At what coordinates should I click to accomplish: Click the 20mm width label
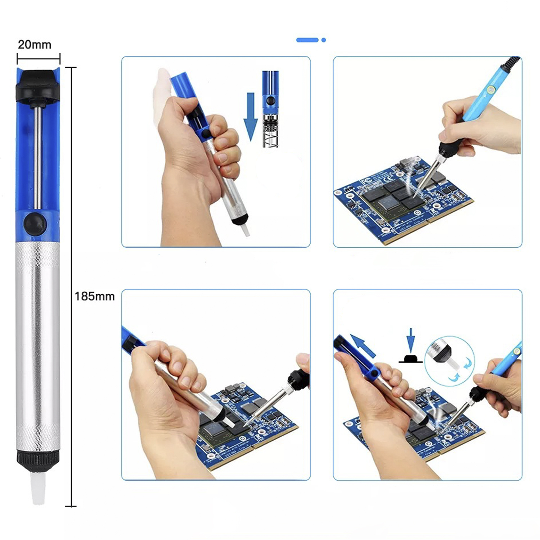[x=35, y=45]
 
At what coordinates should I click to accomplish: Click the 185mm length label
[x=95, y=296]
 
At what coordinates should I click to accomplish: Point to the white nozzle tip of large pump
[x=38, y=489]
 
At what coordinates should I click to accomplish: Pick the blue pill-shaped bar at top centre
[x=307, y=40]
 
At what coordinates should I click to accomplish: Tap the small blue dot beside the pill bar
[x=324, y=40]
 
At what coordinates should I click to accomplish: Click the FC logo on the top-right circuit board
[x=366, y=180]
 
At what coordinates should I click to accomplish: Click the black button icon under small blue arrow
[x=410, y=359]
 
